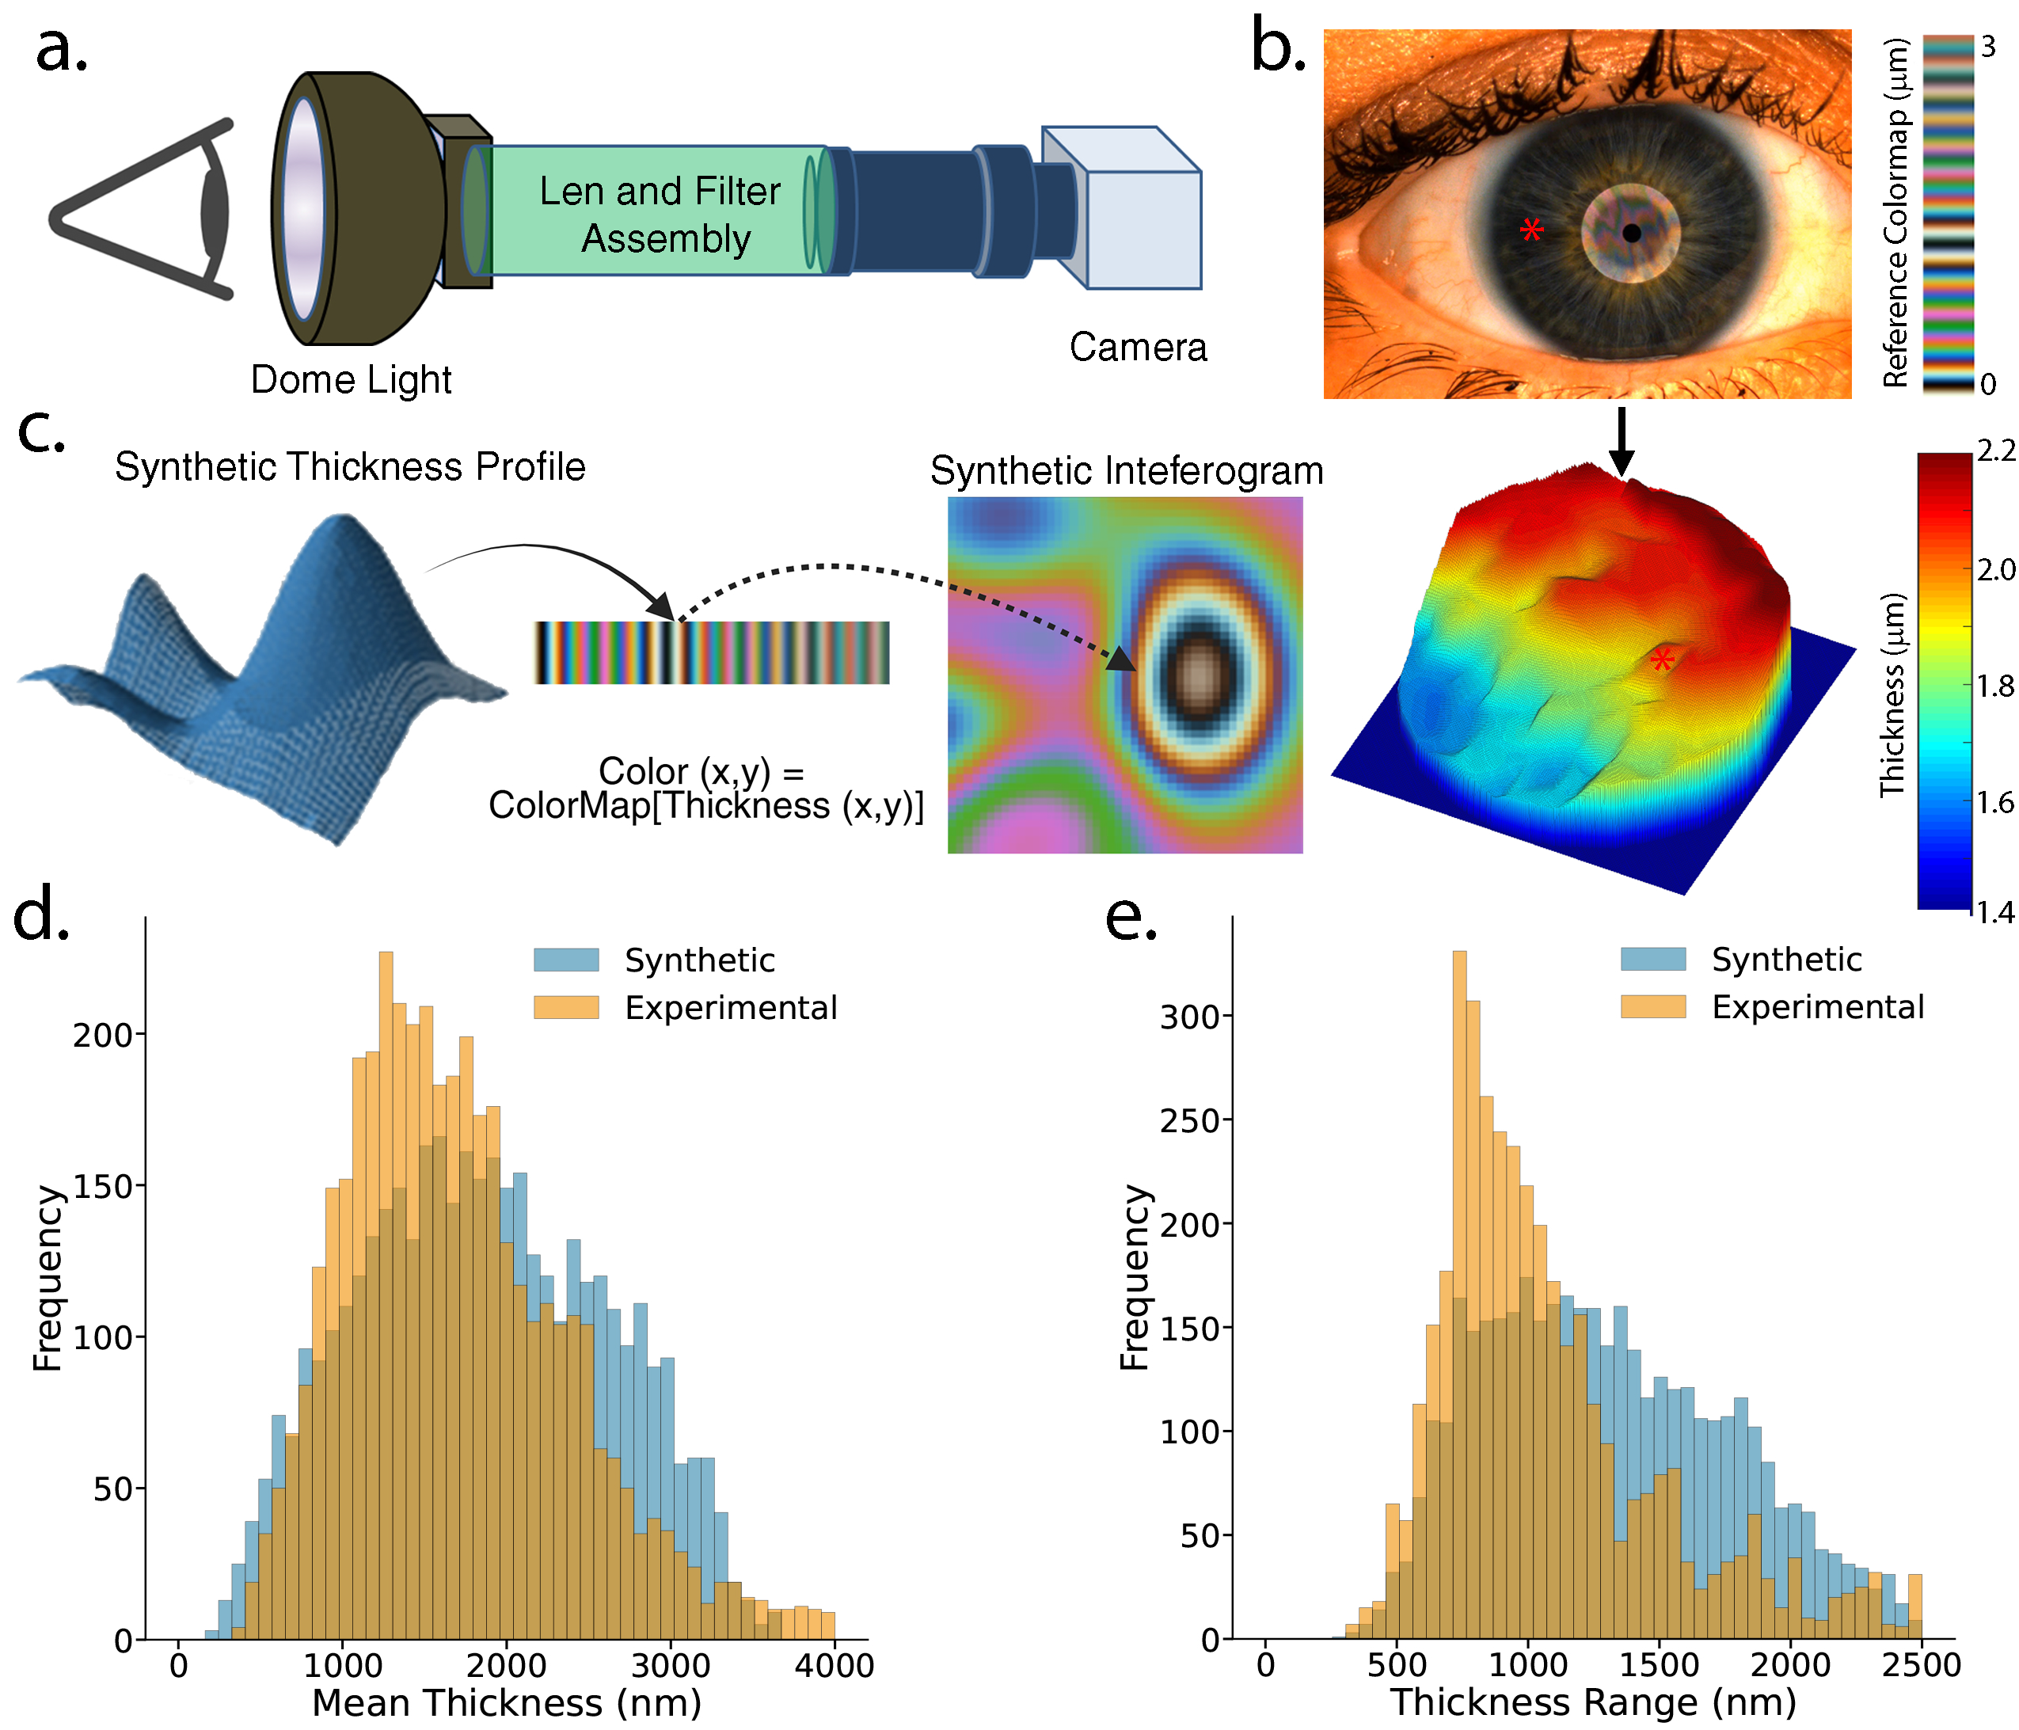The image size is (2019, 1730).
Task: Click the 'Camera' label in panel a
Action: tap(1137, 347)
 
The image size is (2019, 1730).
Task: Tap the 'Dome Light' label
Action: tap(351, 379)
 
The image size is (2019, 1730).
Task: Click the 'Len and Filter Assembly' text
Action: tap(662, 215)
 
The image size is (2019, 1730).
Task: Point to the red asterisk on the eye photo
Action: tap(1530, 230)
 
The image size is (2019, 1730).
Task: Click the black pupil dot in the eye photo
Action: tap(1631, 233)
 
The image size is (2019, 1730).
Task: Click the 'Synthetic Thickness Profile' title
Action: tap(350, 467)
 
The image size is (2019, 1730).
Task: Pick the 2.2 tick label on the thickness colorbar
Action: tap(1994, 451)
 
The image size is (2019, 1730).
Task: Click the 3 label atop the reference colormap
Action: tap(1988, 47)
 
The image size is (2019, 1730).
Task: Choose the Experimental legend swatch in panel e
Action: tap(1652, 1007)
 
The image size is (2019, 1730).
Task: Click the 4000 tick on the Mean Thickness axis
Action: tap(833, 1665)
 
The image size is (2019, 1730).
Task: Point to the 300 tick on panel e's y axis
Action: tap(1188, 1017)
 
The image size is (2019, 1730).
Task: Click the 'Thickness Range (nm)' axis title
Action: tap(1592, 1701)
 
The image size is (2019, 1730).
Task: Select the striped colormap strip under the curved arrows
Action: tap(711, 652)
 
